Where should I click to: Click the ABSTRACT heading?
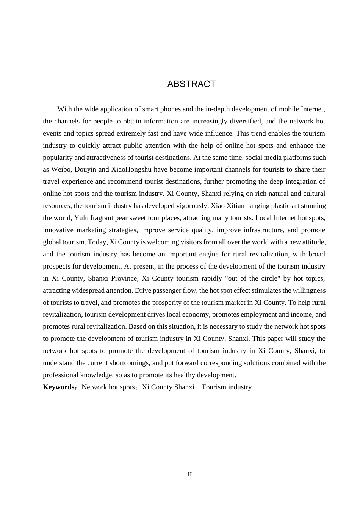tap(191, 84)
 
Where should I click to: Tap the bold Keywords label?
tap(59, 387)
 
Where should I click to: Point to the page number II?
tap(190, 475)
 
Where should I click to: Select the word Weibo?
tap(60, 169)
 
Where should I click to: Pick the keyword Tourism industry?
tap(227, 387)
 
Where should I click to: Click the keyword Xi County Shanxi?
tap(168, 387)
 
